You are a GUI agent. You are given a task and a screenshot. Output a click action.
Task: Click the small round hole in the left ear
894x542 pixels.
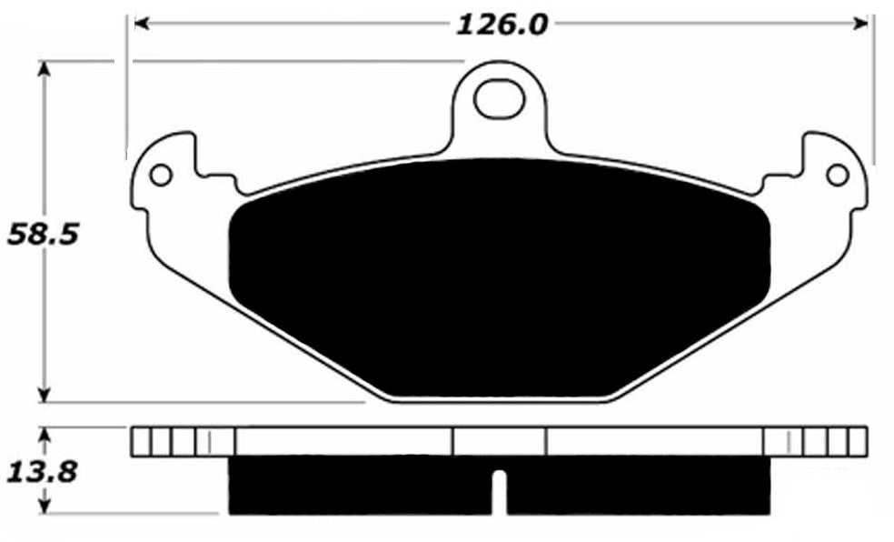tap(160, 174)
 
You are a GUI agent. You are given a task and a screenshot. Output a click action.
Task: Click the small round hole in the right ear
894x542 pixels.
tap(837, 174)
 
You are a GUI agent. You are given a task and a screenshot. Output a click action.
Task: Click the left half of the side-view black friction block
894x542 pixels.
tap(359, 486)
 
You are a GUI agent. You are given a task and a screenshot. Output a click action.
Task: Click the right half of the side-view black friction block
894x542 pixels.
tap(636, 486)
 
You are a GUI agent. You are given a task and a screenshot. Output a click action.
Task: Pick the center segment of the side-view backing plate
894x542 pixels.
tap(499, 441)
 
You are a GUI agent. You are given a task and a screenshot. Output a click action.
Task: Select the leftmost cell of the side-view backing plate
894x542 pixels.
tap(141, 441)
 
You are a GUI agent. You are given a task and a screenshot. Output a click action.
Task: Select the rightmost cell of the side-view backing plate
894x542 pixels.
tap(857, 441)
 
